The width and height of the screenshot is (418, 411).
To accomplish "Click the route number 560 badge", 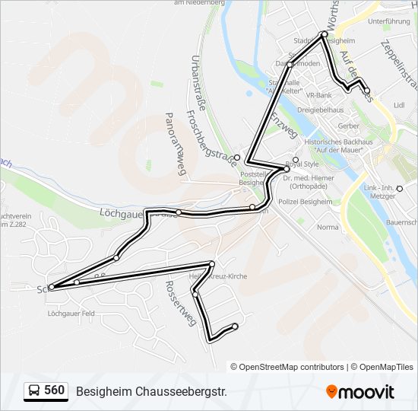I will [x=45, y=390].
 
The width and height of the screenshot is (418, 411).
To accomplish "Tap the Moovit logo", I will [x=360, y=392].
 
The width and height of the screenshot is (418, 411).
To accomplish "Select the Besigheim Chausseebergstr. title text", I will [x=151, y=391].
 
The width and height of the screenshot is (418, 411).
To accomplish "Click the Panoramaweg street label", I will [x=175, y=145].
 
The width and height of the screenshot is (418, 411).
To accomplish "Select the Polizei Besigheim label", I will [x=306, y=202].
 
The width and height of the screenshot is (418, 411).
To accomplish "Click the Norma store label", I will [x=328, y=227].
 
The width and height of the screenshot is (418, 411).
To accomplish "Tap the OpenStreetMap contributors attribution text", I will [x=292, y=367].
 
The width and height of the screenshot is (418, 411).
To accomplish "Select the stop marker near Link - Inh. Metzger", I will [x=399, y=188].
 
